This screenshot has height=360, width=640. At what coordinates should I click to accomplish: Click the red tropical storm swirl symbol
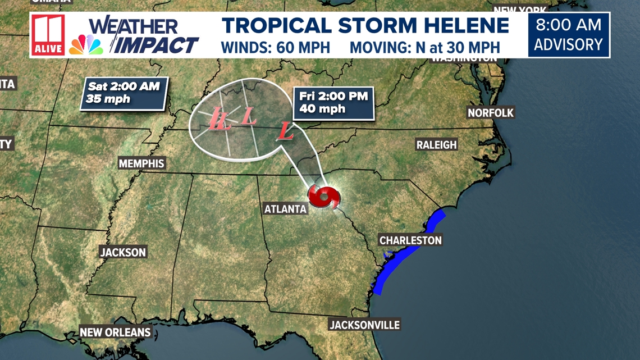323,197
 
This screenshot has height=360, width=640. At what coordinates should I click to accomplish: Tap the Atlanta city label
286,209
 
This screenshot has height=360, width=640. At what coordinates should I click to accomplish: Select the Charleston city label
410,240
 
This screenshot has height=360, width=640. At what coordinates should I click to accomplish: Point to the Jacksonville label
364,325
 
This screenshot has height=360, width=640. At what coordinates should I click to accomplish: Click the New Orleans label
115,332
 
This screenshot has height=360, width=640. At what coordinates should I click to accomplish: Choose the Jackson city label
123,252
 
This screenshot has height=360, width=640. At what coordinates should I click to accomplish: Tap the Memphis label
141,163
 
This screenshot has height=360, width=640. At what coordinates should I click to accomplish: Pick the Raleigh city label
436,145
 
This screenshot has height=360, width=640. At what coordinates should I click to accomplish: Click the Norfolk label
491,113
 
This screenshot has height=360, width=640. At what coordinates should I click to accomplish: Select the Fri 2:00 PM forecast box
333,102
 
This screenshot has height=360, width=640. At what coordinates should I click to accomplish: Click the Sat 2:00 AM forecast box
124,93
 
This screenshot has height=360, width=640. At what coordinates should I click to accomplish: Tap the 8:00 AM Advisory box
568,35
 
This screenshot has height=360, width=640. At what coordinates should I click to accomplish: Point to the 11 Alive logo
48,35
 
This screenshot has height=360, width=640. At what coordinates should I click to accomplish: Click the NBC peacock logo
86,45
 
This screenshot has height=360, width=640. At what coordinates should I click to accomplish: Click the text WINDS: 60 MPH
275,47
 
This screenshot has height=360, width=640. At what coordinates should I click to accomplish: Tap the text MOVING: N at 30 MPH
424,47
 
